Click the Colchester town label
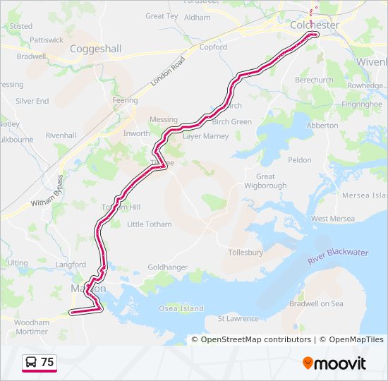(314, 25)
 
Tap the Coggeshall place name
(95, 49)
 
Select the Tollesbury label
(245, 253)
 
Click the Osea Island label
(181, 308)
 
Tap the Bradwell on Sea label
(316, 303)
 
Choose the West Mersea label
(333, 219)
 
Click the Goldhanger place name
(168, 267)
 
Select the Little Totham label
(149, 224)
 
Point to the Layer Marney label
(206, 136)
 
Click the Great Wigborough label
(266, 181)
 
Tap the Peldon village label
(300, 160)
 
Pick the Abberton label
(322, 126)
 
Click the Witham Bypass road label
(47, 192)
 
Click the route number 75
(47, 363)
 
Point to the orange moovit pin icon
(308, 363)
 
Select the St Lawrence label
(238, 319)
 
